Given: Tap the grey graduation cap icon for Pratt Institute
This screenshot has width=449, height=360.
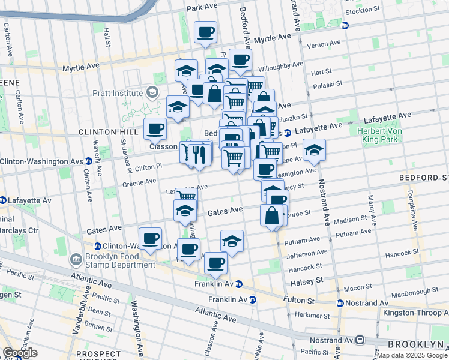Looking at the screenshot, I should (152, 92).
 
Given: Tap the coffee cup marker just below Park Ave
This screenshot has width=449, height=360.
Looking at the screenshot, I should (206, 32).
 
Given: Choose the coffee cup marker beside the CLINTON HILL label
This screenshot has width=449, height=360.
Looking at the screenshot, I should (155, 128).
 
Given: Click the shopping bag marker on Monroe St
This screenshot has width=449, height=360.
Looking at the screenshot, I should (272, 215).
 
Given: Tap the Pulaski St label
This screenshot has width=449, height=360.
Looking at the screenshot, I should (327, 84).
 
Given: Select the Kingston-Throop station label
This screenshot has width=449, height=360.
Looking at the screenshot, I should (424, 313).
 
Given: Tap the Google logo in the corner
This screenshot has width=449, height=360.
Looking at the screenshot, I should (19, 353).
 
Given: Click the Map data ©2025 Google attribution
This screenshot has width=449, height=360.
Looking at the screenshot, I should (411, 355).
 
